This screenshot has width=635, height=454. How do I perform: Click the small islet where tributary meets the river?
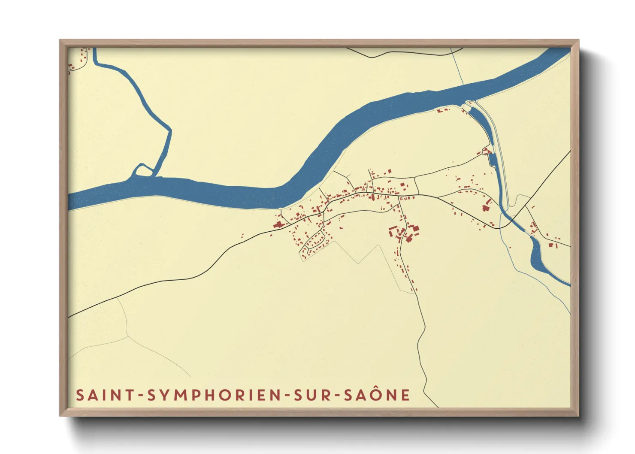(143, 171)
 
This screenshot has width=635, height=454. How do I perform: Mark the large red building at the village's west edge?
(278, 224)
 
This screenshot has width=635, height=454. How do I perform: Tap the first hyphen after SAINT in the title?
(141, 396)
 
